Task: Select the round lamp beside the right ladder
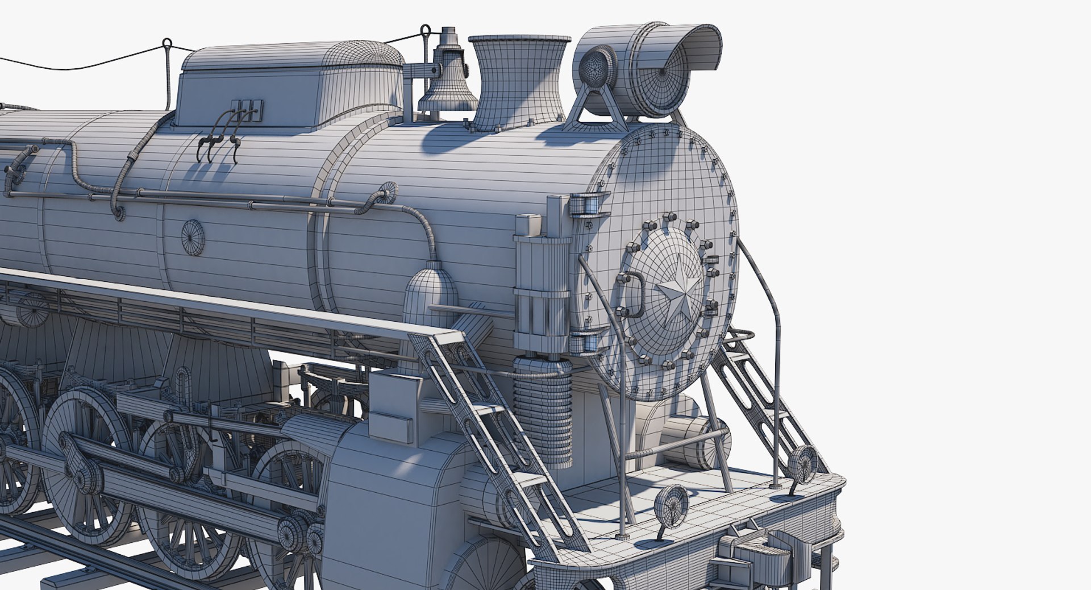click(x=803, y=463)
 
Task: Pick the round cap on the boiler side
click(x=193, y=237)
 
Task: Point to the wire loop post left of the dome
click(x=167, y=68)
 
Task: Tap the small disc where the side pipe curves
click(x=388, y=192)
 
